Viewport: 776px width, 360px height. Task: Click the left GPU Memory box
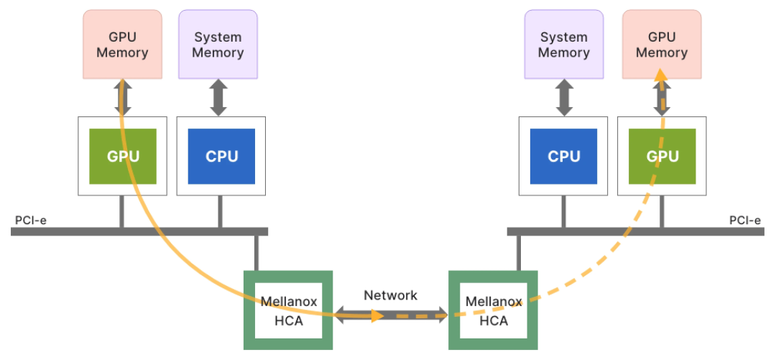point(122,44)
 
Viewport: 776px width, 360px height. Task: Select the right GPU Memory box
point(661,44)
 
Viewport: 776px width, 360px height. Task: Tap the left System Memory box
point(218,44)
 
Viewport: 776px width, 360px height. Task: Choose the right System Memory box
point(564,44)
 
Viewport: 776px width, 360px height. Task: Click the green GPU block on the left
point(122,156)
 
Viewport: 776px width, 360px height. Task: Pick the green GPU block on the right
point(662,156)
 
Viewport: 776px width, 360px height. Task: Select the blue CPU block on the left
point(221,156)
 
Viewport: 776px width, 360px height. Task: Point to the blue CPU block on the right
point(563,156)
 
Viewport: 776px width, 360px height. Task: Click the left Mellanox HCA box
point(288,310)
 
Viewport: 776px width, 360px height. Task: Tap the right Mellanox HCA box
point(493,310)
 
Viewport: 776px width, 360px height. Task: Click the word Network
point(390,295)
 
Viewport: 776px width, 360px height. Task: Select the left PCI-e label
point(31,219)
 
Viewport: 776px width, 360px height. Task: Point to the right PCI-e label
point(745,220)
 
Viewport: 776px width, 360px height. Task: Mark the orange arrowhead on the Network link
point(376,315)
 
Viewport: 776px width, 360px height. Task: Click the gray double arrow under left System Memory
point(218,98)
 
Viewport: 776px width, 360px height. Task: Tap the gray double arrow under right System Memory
point(563,98)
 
